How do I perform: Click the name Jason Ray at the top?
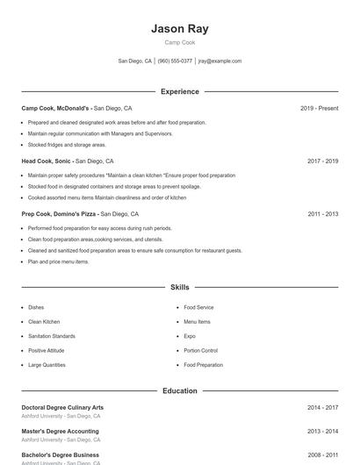coord(179,28)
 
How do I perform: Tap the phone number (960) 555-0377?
coord(175,61)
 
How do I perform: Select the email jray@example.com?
coord(220,61)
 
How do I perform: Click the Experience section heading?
coord(179,91)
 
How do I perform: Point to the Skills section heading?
coord(179,287)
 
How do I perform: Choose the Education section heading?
coord(179,390)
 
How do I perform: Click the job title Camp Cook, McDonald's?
coord(57,108)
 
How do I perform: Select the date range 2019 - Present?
coord(319,108)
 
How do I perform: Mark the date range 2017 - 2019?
coord(322,161)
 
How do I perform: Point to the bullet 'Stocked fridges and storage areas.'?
coord(67,144)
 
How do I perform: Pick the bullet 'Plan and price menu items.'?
coord(58,261)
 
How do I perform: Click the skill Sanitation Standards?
coord(51,336)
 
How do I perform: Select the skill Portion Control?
coord(200,350)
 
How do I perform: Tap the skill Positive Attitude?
coord(47,350)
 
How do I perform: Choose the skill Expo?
coord(189,336)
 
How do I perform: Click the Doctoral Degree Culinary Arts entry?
coord(62,407)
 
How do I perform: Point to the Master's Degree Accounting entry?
coord(60,432)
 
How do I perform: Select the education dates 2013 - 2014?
coord(322,432)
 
